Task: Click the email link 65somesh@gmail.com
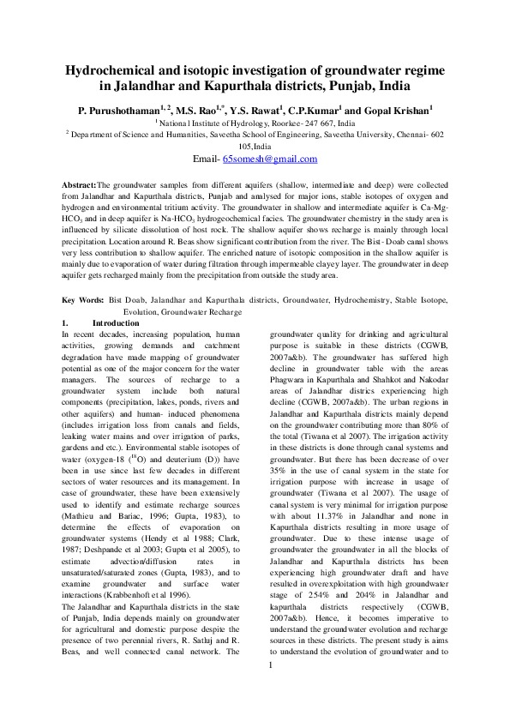coord(270,159)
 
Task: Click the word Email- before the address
coord(207,159)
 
